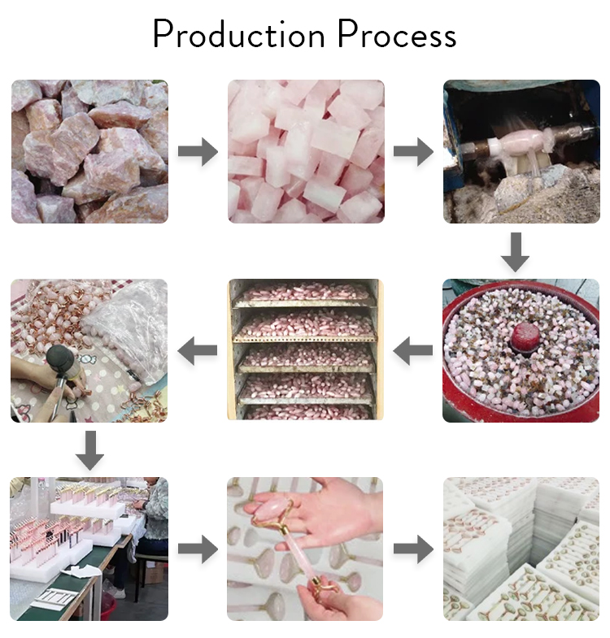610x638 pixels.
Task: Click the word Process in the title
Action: (x=397, y=37)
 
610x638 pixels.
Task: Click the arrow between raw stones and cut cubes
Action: (x=198, y=151)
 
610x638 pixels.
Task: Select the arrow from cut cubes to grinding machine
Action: (x=413, y=151)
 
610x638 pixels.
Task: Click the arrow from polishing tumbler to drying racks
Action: (x=413, y=351)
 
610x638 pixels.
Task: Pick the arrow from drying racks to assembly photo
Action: (x=198, y=351)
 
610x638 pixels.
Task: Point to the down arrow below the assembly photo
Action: (x=89, y=449)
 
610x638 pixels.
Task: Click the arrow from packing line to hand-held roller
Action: (x=198, y=549)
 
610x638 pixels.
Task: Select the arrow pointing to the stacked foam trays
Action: (x=413, y=549)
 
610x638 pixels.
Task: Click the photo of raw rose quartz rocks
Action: (x=89, y=151)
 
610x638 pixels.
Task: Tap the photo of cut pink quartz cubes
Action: (x=305, y=151)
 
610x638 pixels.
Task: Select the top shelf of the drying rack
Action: (x=305, y=291)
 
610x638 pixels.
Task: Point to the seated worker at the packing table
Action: (x=155, y=520)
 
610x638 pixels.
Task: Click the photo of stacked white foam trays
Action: (x=521, y=549)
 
